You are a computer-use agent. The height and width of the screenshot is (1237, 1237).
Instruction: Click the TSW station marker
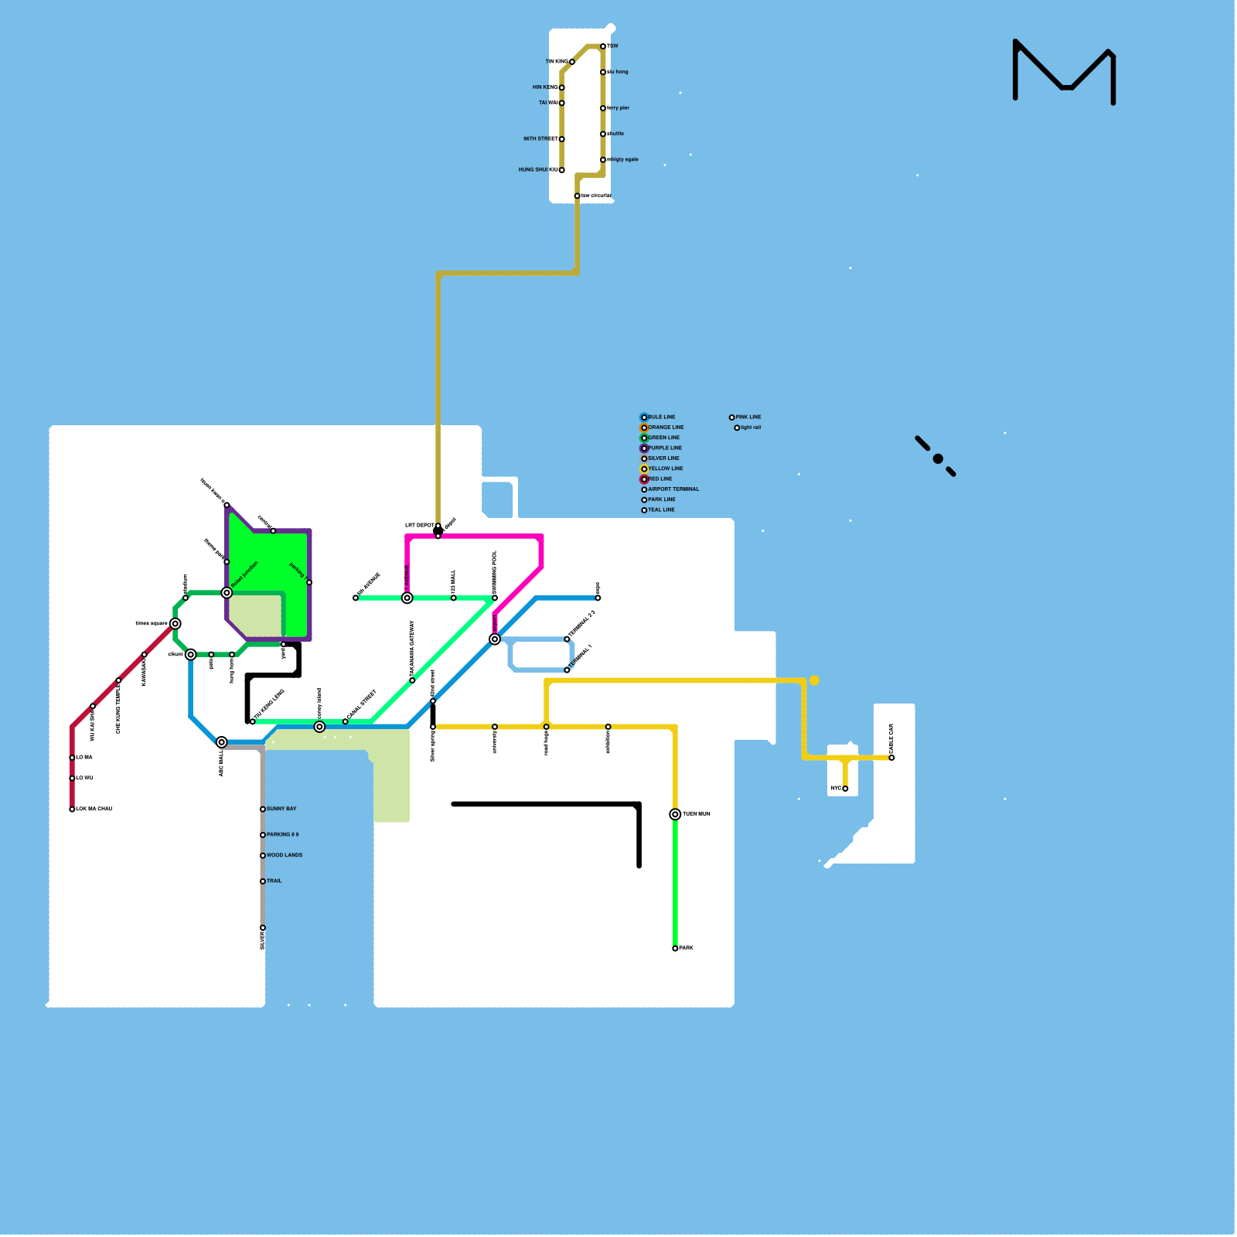coord(603,46)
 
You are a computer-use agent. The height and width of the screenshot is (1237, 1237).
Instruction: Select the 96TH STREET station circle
coord(562,139)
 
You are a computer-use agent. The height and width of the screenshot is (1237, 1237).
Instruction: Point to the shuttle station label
coord(616,134)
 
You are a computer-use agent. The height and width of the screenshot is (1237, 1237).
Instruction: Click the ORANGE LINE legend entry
coord(665,428)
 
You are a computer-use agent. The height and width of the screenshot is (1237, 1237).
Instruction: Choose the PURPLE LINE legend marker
coord(644,448)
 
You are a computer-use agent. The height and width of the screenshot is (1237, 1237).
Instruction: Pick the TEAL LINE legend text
coord(661,510)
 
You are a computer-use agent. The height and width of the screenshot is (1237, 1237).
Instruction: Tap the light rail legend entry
coord(750,428)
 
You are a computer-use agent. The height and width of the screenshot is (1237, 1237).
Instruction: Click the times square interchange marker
coord(175,624)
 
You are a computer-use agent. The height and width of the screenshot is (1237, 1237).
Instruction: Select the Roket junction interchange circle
coord(227,593)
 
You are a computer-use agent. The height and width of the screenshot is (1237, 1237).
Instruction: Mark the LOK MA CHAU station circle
coord(72,809)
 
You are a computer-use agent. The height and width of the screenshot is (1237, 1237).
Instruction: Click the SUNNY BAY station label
coord(281,809)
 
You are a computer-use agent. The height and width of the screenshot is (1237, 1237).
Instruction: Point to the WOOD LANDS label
coord(285,855)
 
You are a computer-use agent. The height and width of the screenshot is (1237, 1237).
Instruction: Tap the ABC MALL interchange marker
coord(222,742)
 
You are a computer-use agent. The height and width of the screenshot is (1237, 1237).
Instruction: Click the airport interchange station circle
coord(495,639)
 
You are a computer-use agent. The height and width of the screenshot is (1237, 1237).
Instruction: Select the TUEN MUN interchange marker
coord(675,814)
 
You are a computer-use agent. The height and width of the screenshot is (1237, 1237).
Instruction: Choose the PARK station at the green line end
coord(675,949)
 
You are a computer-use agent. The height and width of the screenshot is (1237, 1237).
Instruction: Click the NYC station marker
coord(845,789)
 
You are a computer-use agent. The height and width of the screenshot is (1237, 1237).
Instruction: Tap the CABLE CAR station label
coord(891,739)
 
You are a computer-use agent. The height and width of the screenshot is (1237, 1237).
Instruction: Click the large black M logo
coord(1064,71)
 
